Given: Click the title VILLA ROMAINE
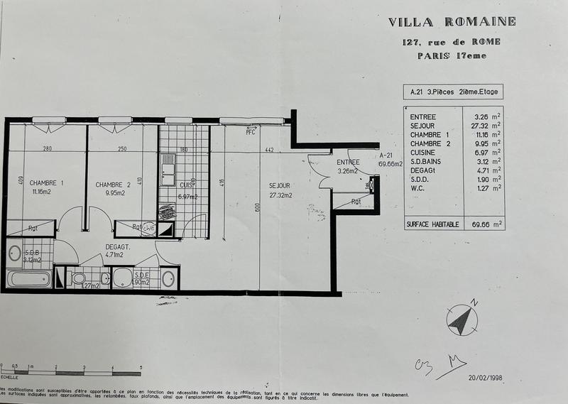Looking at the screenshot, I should (452, 21).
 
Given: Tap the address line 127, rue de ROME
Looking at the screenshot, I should (452, 42).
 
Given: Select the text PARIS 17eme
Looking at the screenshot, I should (452, 56).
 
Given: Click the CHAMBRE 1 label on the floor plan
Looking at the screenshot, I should (47, 183).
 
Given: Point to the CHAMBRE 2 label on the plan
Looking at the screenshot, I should (114, 184).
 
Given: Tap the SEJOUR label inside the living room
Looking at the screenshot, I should (281, 185).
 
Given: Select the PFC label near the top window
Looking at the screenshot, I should (250, 132).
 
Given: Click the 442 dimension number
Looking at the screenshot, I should (270, 149).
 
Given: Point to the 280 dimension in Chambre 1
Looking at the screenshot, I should (48, 149).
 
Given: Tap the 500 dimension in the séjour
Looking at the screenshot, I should (258, 207).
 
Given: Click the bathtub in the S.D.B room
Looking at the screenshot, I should (28, 278).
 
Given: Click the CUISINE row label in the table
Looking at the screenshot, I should (423, 152).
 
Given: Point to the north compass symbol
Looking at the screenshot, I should (461, 320).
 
